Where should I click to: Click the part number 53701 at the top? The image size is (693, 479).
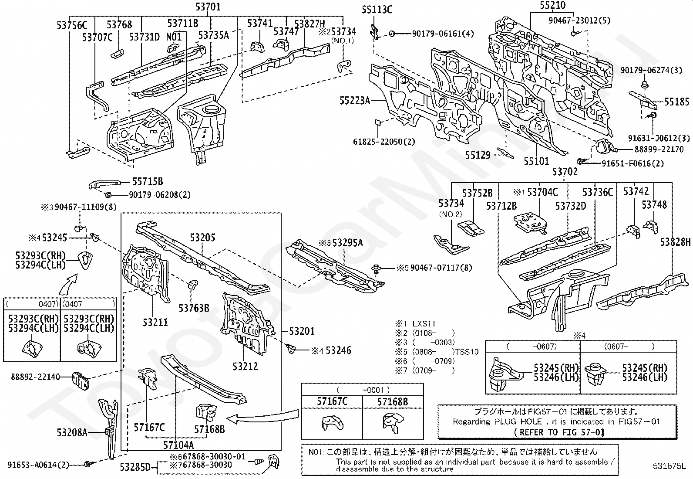pos(208,7)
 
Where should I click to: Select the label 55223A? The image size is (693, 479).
pos(355,101)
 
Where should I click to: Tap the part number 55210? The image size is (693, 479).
pos(552,5)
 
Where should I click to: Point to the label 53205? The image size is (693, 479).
pos(203,238)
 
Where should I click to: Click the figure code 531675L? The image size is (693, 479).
pos(669,465)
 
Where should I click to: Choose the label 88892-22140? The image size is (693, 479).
pos(35,377)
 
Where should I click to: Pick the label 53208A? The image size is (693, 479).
pos(72,432)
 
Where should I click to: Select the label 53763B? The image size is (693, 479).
pos(194,308)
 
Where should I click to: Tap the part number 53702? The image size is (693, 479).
pos(565,171)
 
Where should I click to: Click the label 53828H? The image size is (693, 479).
pos(675,242)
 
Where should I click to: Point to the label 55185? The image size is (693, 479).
pos(677,102)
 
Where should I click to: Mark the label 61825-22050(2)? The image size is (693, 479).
pos(384,142)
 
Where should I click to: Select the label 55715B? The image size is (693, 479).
pos(148,181)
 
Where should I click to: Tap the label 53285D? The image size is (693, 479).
pos(135,467)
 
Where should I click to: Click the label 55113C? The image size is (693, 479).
pos(377,10)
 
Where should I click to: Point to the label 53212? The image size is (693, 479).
pos(246,366)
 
